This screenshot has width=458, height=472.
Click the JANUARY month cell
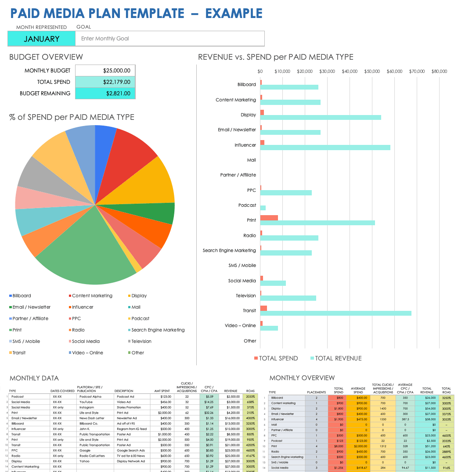pyautogui.click(x=42, y=39)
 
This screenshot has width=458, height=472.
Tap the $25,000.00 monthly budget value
pyautogui.click(x=105, y=70)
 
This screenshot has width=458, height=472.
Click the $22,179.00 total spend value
pyautogui.click(x=105, y=82)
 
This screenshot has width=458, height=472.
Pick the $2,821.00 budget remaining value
pyautogui.click(x=105, y=93)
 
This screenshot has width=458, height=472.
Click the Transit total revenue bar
pyautogui.click(x=336, y=313)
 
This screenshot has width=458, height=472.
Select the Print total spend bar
pyautogui.click(x=269, y=218)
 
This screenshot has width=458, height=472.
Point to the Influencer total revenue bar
pyautogui.click(x=325, y=148)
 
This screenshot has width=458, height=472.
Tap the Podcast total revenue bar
pyautogui.click(x=263, y=208)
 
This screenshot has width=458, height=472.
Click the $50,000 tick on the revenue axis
pyautogui.click(x=372, y=71)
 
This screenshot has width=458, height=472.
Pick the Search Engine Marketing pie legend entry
pyautogui.click(x=158, y=330)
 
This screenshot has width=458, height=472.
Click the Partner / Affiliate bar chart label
pyautogui.click(x=238, y=175)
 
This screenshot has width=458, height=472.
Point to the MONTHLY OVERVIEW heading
pyautogui.click(x=302, y=378)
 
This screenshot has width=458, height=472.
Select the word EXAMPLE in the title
pyautogui.click(x=234, y=13)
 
